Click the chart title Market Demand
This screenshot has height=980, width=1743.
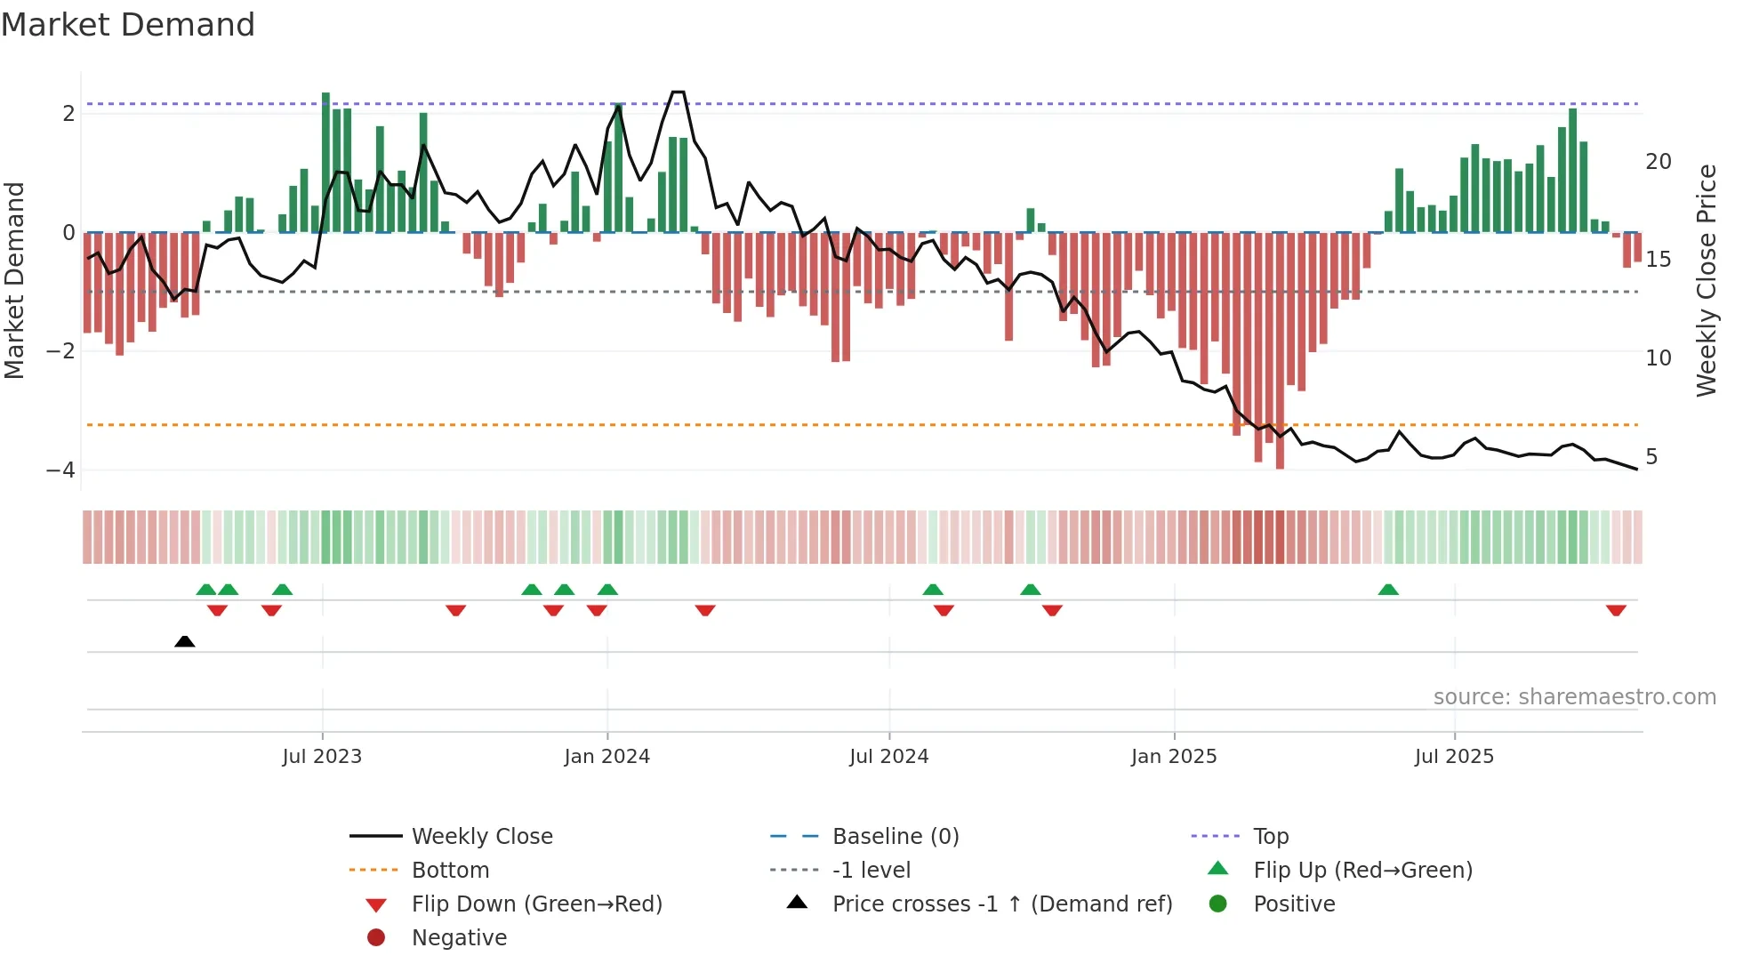(x=128, y=25)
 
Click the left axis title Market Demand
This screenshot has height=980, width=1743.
(x=14, y=280)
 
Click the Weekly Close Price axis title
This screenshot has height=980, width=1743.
(x=1706, y=280)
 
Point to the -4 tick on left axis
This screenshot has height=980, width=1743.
(x=60, y=470)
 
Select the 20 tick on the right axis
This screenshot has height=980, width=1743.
(x=1658, y=162)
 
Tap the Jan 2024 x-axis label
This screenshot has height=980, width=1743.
(x=606, y=757)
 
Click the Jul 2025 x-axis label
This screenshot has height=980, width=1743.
(x=1454, y=757)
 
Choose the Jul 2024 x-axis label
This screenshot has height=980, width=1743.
(x=888, y=757)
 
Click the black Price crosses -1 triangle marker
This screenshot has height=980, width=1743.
(x=185, y=641)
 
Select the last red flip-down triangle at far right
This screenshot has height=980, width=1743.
(x=1616, y=610)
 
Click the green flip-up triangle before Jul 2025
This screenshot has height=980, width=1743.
(x=1388, y=590)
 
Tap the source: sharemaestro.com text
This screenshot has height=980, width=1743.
(x=1574, y=697)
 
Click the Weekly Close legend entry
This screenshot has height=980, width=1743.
(x=481, y=837)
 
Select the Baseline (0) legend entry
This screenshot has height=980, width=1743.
(x=895, y=837)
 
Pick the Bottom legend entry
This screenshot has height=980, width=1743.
(x=450, y=871)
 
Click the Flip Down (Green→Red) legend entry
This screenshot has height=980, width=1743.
(x=536, y=904)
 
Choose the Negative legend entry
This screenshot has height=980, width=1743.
(x=459, y=938)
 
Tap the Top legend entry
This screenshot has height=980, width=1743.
(x=1270, y=837)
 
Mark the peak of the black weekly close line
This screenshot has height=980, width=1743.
(x=678, y=92)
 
